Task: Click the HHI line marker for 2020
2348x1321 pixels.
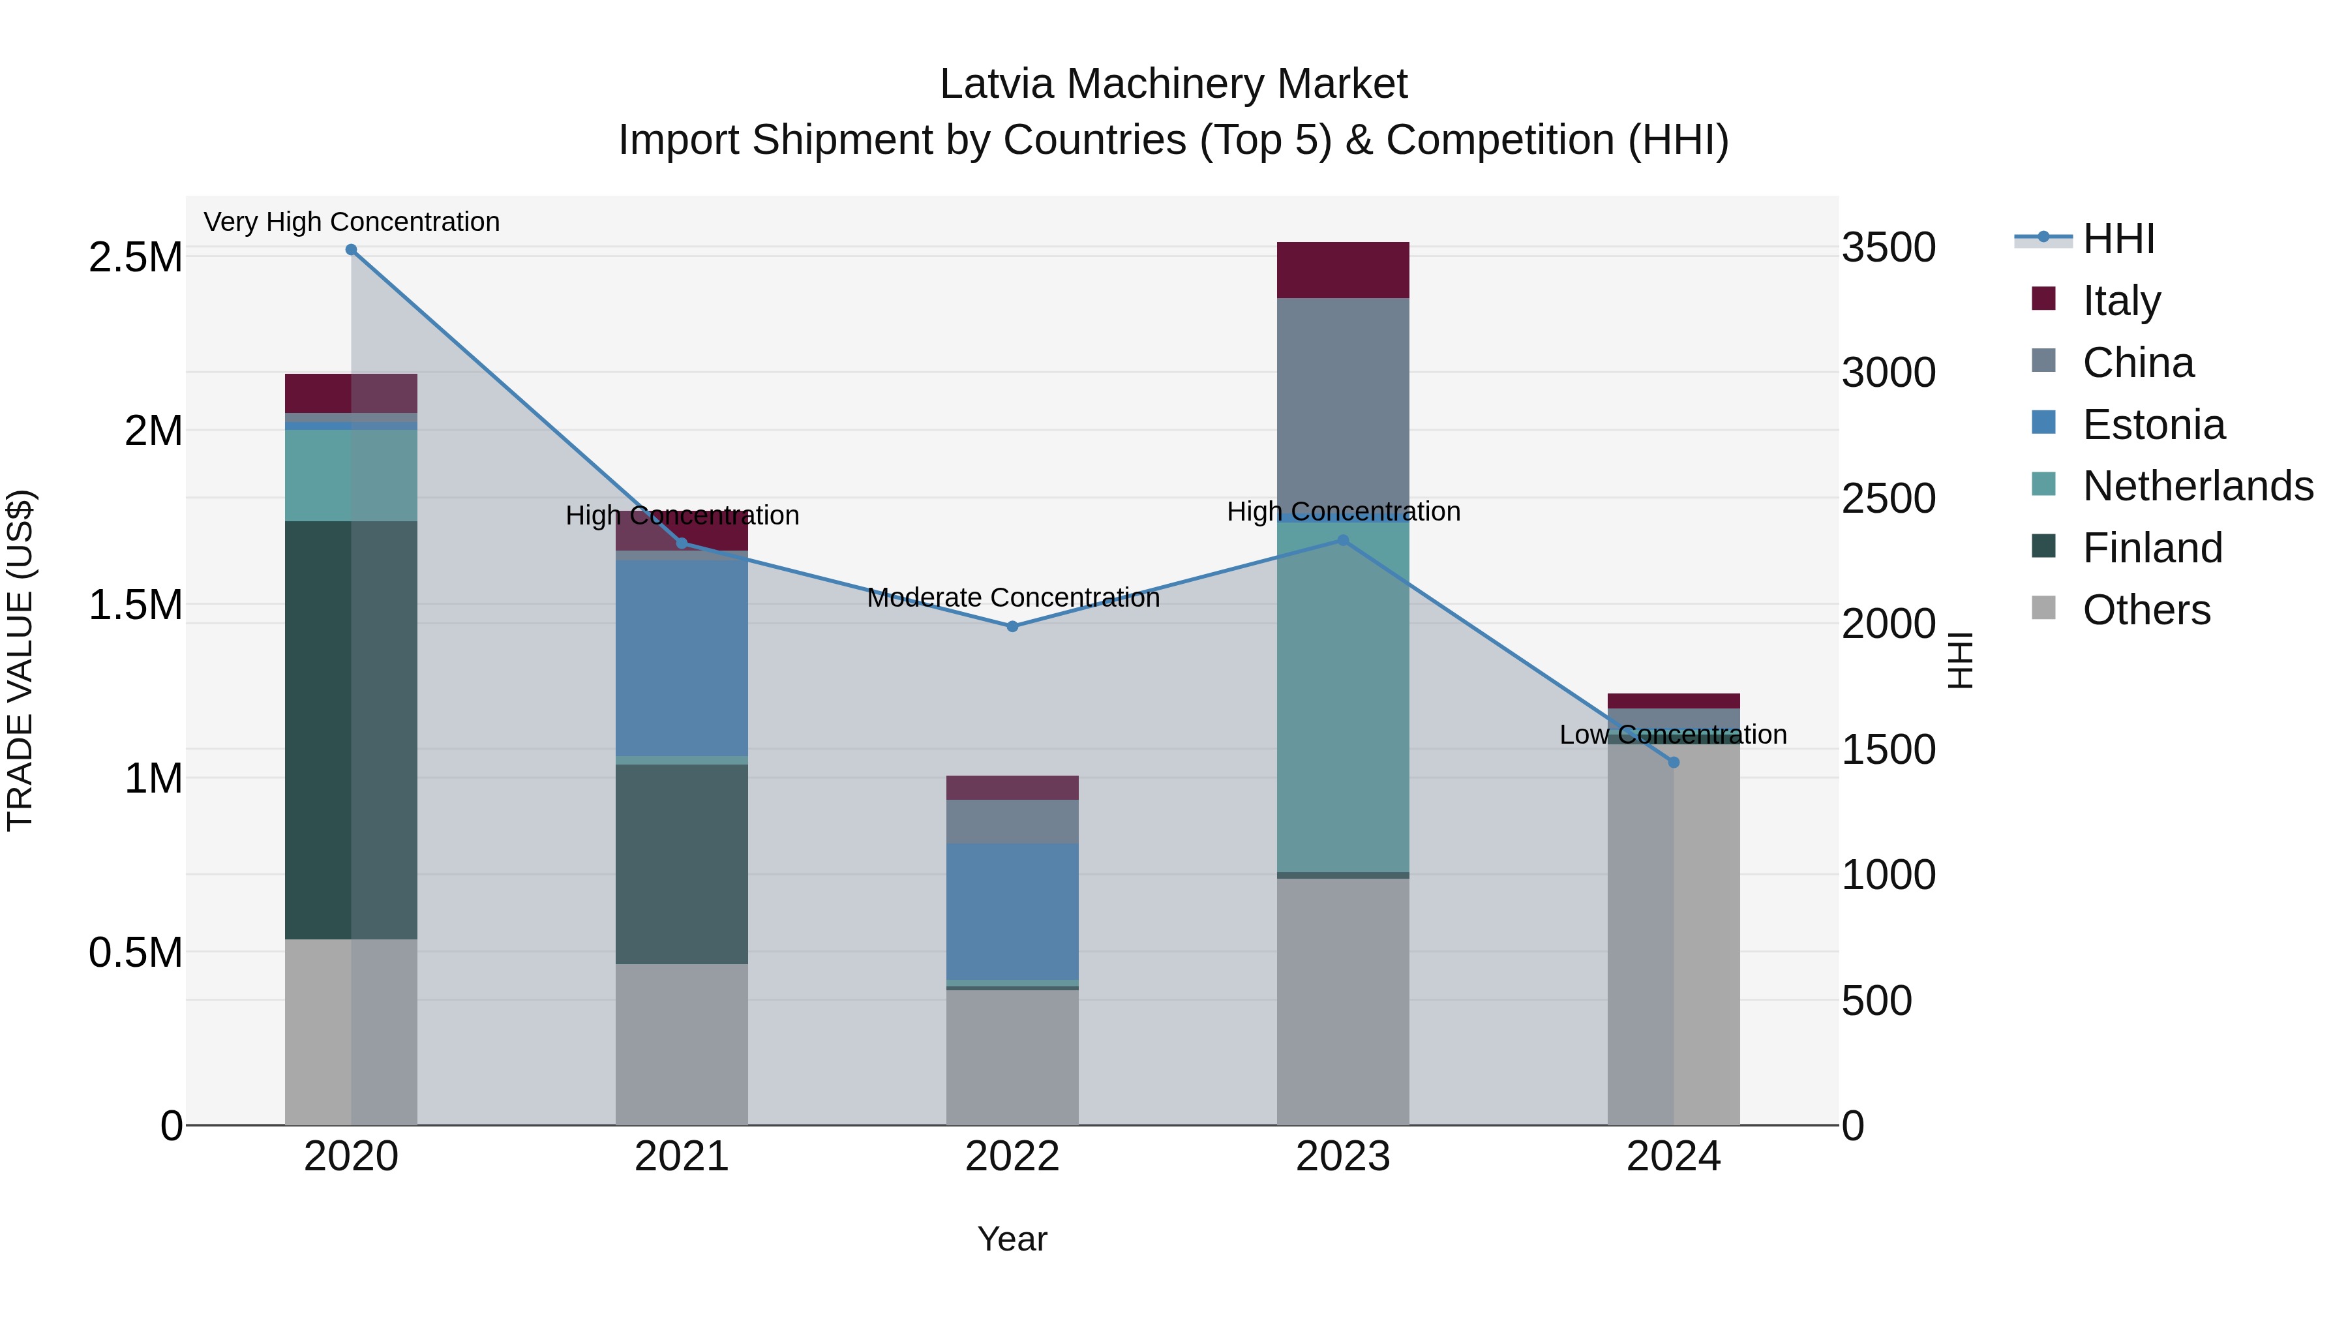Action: [351, 250]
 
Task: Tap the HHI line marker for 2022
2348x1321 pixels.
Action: [1012, 626]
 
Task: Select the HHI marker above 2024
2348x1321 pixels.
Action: [1674, 762]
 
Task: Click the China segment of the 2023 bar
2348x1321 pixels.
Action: [1343, 406]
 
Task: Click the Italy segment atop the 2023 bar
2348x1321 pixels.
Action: [1343, 270]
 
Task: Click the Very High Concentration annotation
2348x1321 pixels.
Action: [351, 222]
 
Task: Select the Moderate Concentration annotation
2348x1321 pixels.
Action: [1013, 598]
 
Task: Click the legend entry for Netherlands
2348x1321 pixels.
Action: [2197, 486]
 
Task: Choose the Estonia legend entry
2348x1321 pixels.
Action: [2153, 425]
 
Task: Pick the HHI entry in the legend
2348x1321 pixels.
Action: [2118, 239]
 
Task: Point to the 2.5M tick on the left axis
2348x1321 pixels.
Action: [136, 258]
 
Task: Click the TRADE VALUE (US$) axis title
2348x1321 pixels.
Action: [20, 660]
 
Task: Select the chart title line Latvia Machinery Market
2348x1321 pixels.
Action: [1173, 84]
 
